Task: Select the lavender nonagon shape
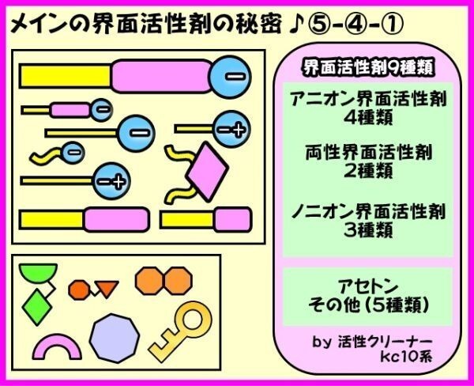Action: [115, 339]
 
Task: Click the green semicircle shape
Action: [38, 271]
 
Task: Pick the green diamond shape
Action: [37, 307]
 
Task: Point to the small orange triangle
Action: [107, 289]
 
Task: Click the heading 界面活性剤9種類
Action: [368, 67]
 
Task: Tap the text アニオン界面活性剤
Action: [368, 98]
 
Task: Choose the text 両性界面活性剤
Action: [368, 152]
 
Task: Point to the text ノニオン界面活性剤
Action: [368, 211]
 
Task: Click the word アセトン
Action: [367, 286]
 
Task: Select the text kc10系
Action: [406, 356]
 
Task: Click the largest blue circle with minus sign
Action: [230, 77]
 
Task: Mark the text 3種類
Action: [368, 230]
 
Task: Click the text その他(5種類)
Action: [368, 305]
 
